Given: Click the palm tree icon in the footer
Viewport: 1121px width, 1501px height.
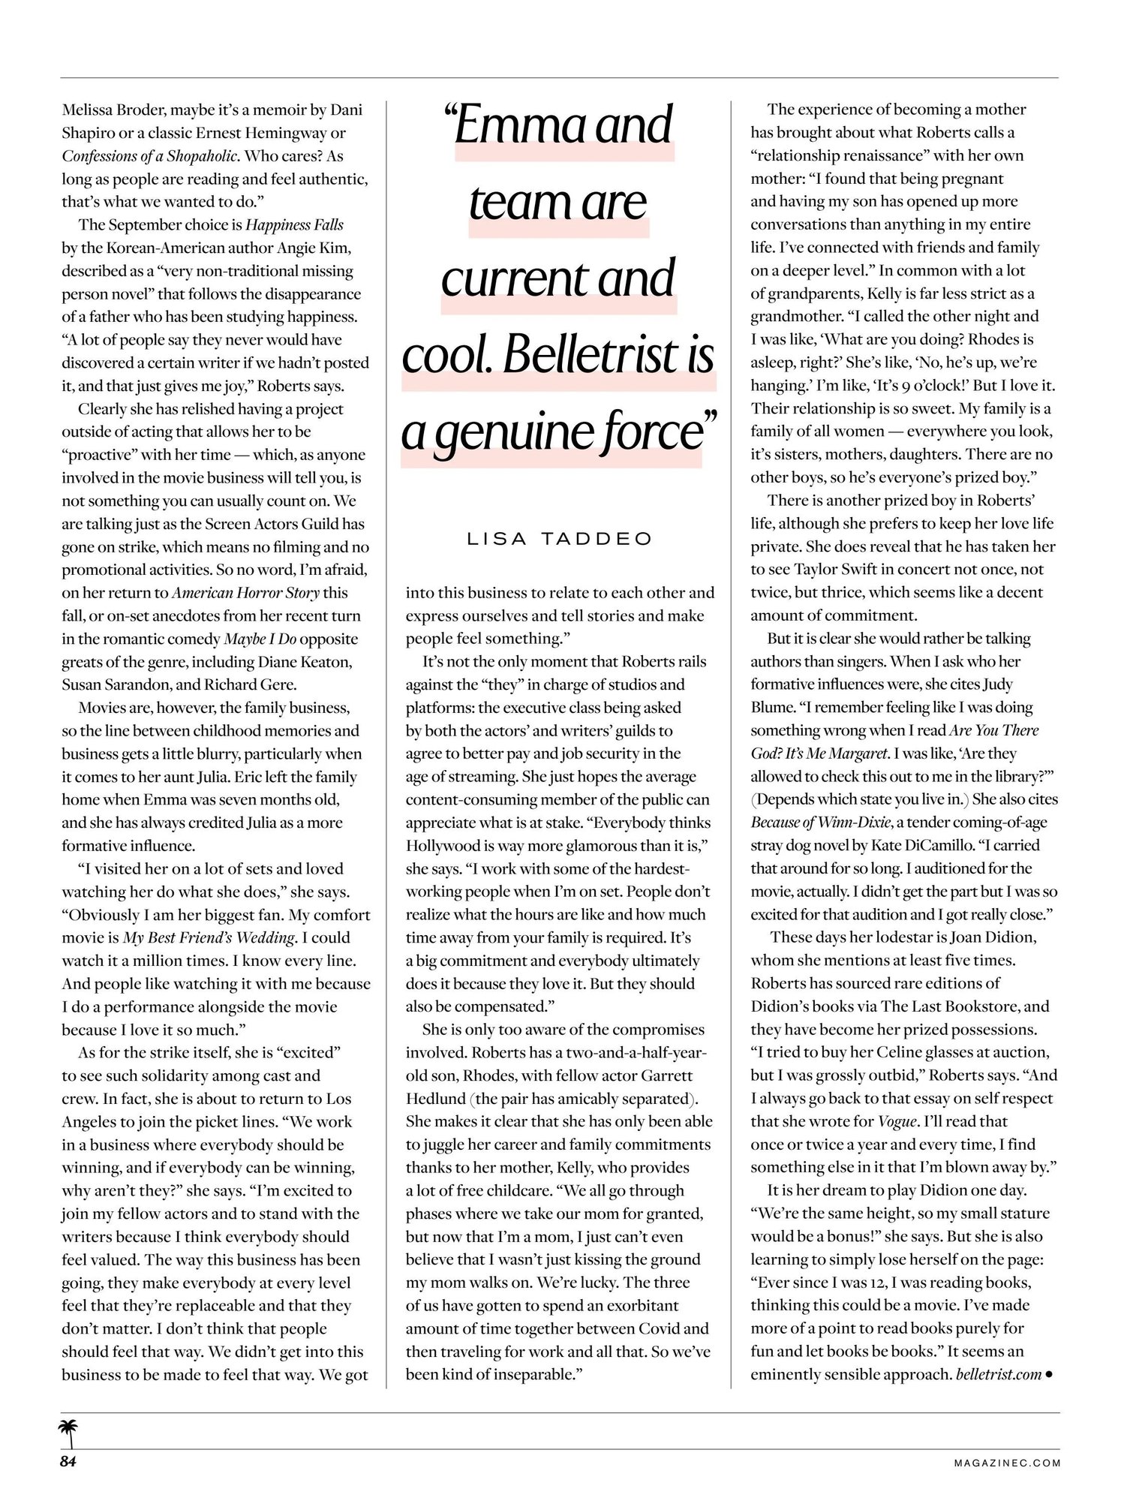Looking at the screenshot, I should click(x=69, y=1433).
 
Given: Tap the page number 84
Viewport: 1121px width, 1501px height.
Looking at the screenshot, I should click(x=69, y=1461).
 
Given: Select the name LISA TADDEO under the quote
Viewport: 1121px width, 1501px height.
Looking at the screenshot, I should click(x=560, y=539).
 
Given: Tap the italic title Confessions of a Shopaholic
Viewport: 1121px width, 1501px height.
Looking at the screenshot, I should click(x=150, y=156).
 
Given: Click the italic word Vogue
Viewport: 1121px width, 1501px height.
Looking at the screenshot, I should click(x=898, y=1121).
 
